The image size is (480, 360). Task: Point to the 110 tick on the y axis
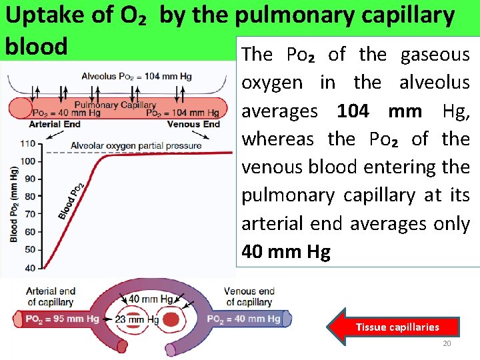point(28,143)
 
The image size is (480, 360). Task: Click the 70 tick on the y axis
point(29,214)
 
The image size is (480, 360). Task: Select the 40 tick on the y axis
point(29,267)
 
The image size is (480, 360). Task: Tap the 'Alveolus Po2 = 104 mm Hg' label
point(137,76)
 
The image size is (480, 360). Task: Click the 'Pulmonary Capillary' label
point(115,105)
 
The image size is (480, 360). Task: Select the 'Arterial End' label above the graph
point(55,124)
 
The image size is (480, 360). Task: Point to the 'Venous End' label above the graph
point(193,124)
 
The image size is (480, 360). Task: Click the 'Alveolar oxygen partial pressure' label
point(135,145)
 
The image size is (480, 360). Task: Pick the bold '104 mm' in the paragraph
point(379,111)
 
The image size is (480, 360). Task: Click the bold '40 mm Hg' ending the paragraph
point(286,252)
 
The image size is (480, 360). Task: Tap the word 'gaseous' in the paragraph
point(435,54)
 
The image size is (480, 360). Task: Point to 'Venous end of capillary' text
point(249,296)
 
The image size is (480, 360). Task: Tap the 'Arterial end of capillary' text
point(51,296)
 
